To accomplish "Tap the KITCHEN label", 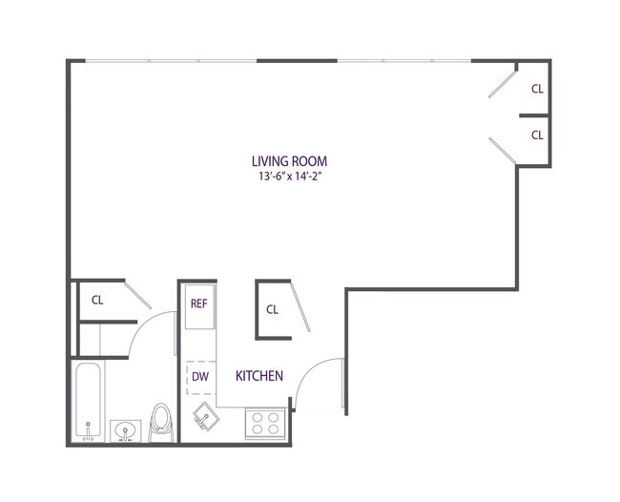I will click(259, 376).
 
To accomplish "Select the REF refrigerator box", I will click(199, 304).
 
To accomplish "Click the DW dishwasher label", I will click(200, 376).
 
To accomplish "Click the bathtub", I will click(88, 401).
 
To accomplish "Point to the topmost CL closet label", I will click(537, 89).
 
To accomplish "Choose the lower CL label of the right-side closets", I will click(537, 135).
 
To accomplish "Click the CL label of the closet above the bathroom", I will click(97, 300).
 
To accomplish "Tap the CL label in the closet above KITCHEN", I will click(272, 309).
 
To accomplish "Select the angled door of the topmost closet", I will click(501, 81).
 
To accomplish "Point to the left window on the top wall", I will click(172, 61).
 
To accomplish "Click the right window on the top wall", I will click(403, 61).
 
